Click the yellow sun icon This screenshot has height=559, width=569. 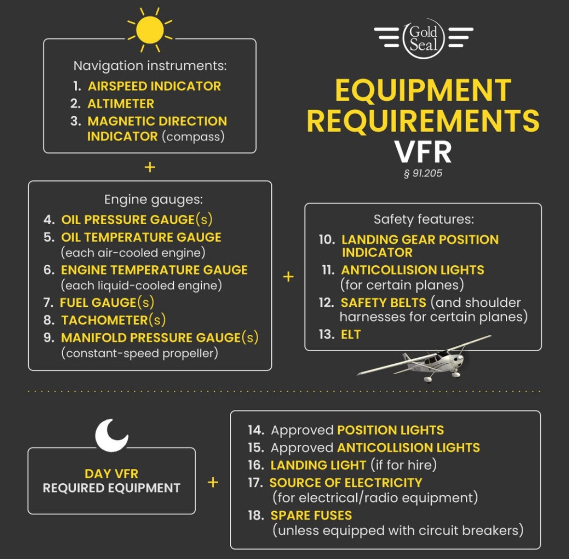(150, 30)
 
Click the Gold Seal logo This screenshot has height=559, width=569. (423, 39)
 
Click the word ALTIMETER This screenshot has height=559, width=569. (121, 104)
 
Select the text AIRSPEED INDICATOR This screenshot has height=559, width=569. (154, 86)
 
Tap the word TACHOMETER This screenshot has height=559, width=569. (105, 320)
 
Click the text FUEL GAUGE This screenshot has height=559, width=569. (98, 303)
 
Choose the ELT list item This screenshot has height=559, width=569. (351, 335)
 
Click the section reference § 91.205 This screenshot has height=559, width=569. (423, 173)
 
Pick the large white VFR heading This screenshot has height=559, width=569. (423, 151)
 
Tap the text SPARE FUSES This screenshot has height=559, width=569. (311, 516)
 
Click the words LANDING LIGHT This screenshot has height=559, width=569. (318, 465)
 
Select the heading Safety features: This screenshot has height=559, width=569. (423, 219)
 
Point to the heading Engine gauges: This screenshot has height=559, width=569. (153, 199)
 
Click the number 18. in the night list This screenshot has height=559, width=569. (256, 516)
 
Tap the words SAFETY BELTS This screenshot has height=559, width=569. (383, 303)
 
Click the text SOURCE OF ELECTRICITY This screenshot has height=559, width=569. (346, 483)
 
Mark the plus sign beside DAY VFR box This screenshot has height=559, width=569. (213, 482)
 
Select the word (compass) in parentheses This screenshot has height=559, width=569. (193, 136)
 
